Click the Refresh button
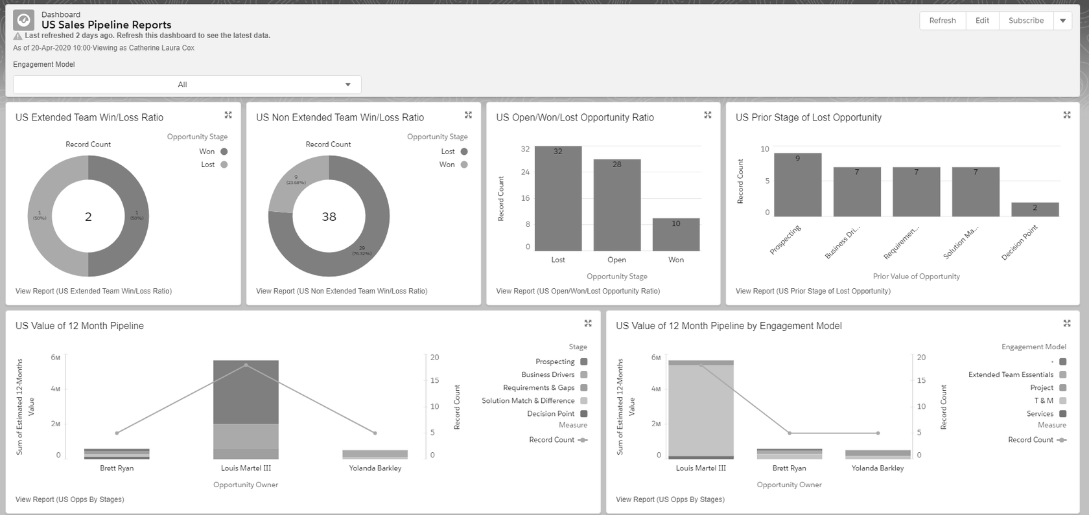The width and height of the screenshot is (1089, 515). pyautogui.click(x=942, y=21)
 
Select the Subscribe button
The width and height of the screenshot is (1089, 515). pyautogui.click(x=1025, y=21)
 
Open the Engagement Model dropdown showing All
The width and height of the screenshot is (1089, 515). pyautogui.click(x=187, y=84)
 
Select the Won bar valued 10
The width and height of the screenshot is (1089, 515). pyautogui.click(x=675, y=235)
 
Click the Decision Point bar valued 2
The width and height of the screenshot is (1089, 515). pyautogui.click(x=1035, y=209)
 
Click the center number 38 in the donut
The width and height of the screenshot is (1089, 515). pyautogui.click(x=329, y=217)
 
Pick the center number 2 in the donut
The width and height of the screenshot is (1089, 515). pyautogui.click(x=88, y=217)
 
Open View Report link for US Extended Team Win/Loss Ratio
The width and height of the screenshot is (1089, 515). pyautogui.click(x=93, y=292)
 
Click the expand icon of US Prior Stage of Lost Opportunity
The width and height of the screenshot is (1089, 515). pyautogui.click(x=1067, y=115)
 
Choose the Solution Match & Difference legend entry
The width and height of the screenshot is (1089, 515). pyautogui.click(x=528, y=401)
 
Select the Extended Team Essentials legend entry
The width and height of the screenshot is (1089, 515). pyautogui.click(x=1011, y=375)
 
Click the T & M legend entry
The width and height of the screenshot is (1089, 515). pyautogui.click(x=1044, y=401)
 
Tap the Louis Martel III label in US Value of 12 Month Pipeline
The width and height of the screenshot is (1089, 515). pyautogui.click(x=246, y=468)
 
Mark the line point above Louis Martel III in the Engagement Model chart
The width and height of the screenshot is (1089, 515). pyautogui.click(x=701, y=365)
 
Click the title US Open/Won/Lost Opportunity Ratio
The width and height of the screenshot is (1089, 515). pyautogui.click(x=574, y=118)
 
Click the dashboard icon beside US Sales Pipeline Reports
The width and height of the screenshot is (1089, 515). pyautogui.click(x=24, y=20)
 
